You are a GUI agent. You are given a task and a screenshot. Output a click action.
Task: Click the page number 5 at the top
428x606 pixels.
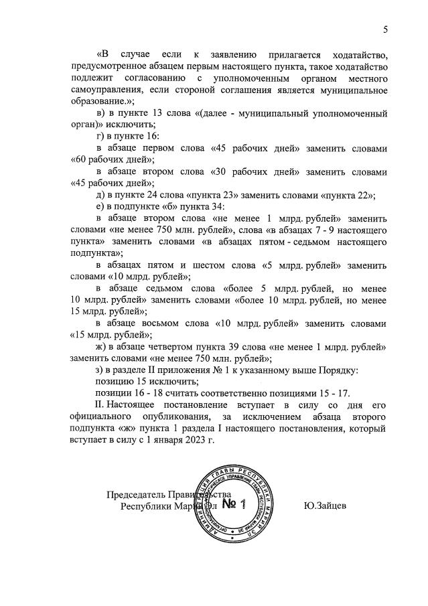tap(385, 29)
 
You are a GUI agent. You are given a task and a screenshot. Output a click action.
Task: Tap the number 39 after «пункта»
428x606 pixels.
tap(246, 348)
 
